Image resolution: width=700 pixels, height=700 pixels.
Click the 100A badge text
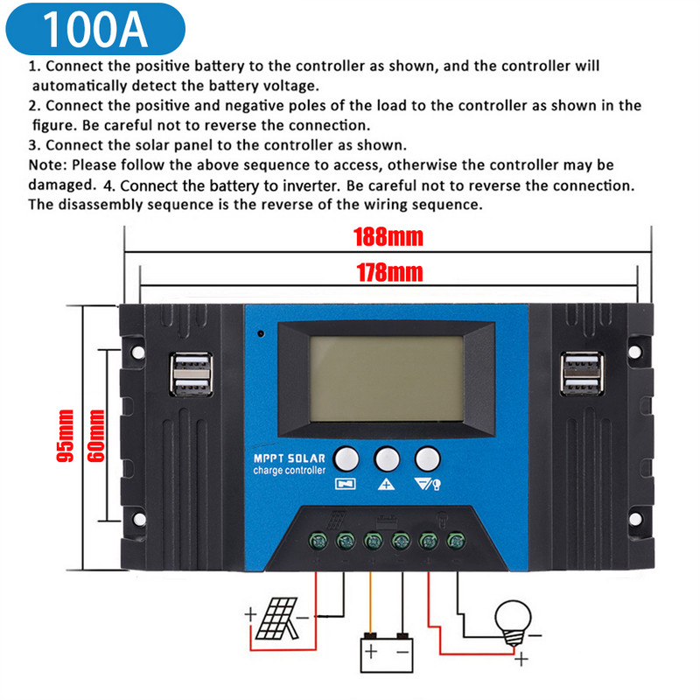point(95,29)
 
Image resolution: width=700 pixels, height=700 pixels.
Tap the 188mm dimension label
point(388,237)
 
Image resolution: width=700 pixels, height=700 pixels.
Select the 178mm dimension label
point(388,272)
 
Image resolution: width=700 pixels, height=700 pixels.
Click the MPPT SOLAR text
point(289,458)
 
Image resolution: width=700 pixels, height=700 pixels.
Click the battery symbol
point(386,651)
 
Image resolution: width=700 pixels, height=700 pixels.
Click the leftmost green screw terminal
point(318,540)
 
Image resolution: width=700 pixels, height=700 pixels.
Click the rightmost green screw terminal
point(455,540)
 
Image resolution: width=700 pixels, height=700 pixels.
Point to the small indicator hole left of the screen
point(260,333)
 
